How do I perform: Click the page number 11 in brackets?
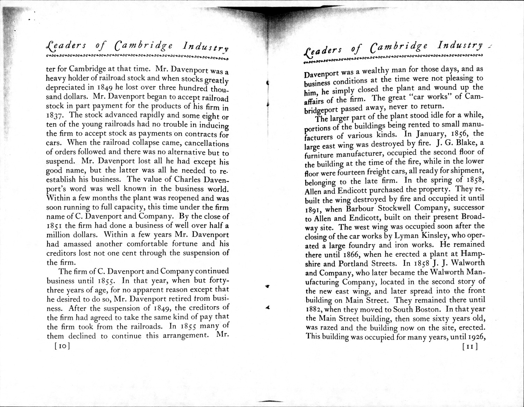[470, 347]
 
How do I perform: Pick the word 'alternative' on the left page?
[171, 153]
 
